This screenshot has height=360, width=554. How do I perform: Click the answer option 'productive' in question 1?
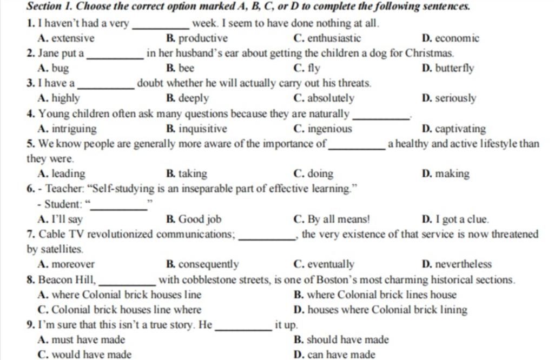tap(203, 38)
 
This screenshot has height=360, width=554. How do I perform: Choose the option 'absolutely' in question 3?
tap(331, 98)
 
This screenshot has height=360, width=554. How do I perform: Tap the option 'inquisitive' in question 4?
tap(202, 129)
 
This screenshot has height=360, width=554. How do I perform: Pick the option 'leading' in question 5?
tap(68, 174)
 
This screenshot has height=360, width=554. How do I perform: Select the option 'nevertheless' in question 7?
tap(464, 264)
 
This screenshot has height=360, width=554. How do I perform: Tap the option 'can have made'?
tap(341, 355)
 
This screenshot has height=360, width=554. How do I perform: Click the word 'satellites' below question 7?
tap(54, 250)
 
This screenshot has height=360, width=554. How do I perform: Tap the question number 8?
tap(31, 280)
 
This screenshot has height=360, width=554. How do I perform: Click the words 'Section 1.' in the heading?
tap(51, 8)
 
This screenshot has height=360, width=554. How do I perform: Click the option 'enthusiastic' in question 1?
tap(334, 38)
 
